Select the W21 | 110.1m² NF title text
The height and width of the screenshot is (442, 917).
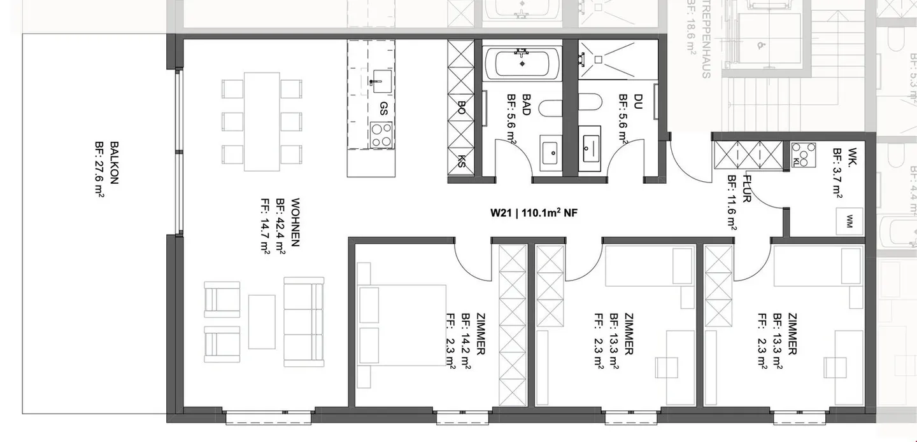[533, 214]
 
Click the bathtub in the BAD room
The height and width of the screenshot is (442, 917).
[522, 63]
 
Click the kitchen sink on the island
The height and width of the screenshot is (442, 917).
[381, 79]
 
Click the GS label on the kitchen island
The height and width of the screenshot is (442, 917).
[383, 106]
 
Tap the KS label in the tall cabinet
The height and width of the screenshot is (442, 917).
[462, 161]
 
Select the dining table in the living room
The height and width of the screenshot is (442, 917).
[262, 121]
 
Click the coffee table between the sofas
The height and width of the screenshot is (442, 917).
[262, 322]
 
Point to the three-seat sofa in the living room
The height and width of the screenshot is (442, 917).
[304, 321]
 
